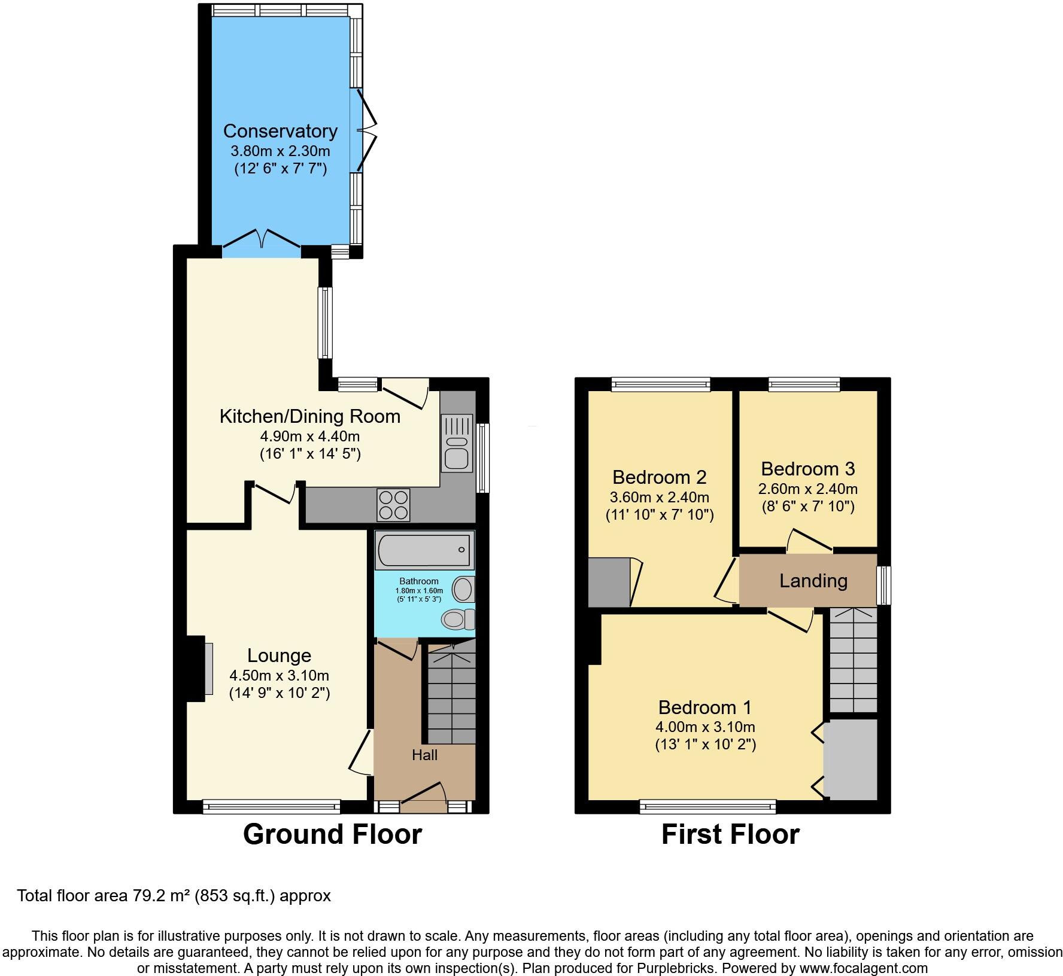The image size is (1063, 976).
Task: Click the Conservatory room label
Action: coord(280,131)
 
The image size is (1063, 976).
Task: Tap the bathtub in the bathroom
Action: coord(424,550)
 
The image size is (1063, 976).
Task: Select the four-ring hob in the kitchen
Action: coord(393,505)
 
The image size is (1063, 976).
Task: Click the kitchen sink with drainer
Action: coord(457,443)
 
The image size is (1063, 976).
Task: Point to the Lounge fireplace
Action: coord(201,668)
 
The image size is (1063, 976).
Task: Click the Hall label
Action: coord(424,755)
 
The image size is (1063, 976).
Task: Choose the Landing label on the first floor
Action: coord(813,581)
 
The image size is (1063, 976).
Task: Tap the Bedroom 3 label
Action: coord(807,468)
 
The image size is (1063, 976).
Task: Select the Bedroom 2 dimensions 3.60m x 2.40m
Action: coord(659,497)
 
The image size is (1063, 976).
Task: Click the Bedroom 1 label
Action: coord(704,707)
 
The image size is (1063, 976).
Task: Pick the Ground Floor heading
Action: coord(332,834)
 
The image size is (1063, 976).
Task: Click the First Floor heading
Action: coord(730,834)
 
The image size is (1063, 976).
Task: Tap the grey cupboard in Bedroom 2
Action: coord(609,582)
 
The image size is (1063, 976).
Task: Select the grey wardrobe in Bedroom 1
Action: coord(851,760)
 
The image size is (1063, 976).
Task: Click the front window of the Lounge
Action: coord(271,807)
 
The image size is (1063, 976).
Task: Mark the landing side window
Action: coord(884,585)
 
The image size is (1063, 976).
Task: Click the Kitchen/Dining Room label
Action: coord(309,416)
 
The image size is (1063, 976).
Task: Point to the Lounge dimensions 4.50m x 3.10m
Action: coord(279,676)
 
